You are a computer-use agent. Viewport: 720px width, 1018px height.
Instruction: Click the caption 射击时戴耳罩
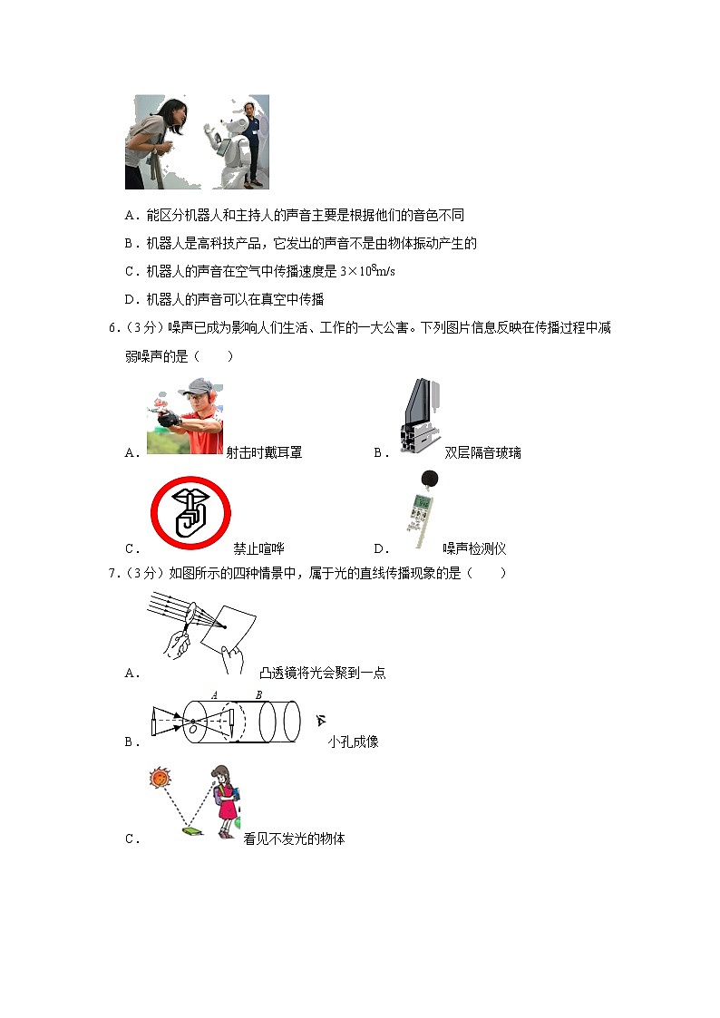264,452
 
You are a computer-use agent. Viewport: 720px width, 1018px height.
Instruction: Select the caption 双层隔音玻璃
483,452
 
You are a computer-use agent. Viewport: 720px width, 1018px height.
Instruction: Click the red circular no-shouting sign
190,512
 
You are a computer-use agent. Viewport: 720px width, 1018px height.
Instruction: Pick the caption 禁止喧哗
259,548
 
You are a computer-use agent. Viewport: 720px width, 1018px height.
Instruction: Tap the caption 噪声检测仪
474,548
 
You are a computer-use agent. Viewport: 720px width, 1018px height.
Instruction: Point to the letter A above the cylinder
215,695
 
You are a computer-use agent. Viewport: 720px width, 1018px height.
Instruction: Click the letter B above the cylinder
258,695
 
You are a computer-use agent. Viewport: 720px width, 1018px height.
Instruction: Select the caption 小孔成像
354,742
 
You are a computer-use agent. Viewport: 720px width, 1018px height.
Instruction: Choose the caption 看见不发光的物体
295,839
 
